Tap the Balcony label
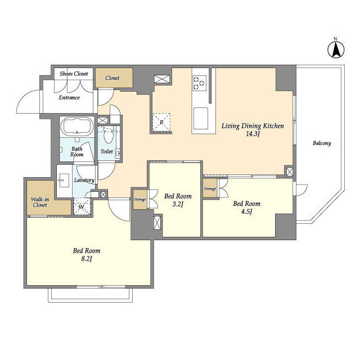[x=322, y=143]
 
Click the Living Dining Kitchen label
[x=253, y=126]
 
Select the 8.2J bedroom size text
[x=87, y=259]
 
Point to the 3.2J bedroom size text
[x=178, y=204]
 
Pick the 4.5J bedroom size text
[x=246, y=211]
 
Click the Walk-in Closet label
[x=40, y=202]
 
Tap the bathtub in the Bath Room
[x=77, y=126]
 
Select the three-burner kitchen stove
[x=200, y=83]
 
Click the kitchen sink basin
[x=201, y=119]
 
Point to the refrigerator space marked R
[x=161, y=123]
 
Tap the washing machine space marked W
[x=82, y=206]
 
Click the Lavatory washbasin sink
[x=64, y=181]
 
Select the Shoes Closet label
[x=74, y=74]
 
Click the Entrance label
[x=69, y=97]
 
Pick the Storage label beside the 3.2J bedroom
[x=140, y=200]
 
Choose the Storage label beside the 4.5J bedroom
[x=210, y=189]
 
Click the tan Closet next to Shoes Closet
[x=114, y=78]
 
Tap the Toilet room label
[x=107, y=151]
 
